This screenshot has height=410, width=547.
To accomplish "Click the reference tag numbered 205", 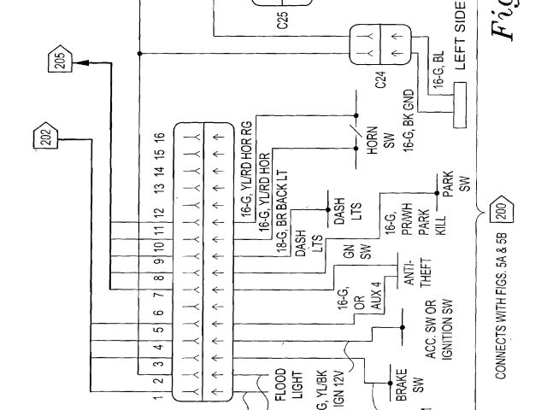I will (x=59, y=61).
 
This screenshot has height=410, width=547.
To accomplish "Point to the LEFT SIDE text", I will (x=462, y=38).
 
